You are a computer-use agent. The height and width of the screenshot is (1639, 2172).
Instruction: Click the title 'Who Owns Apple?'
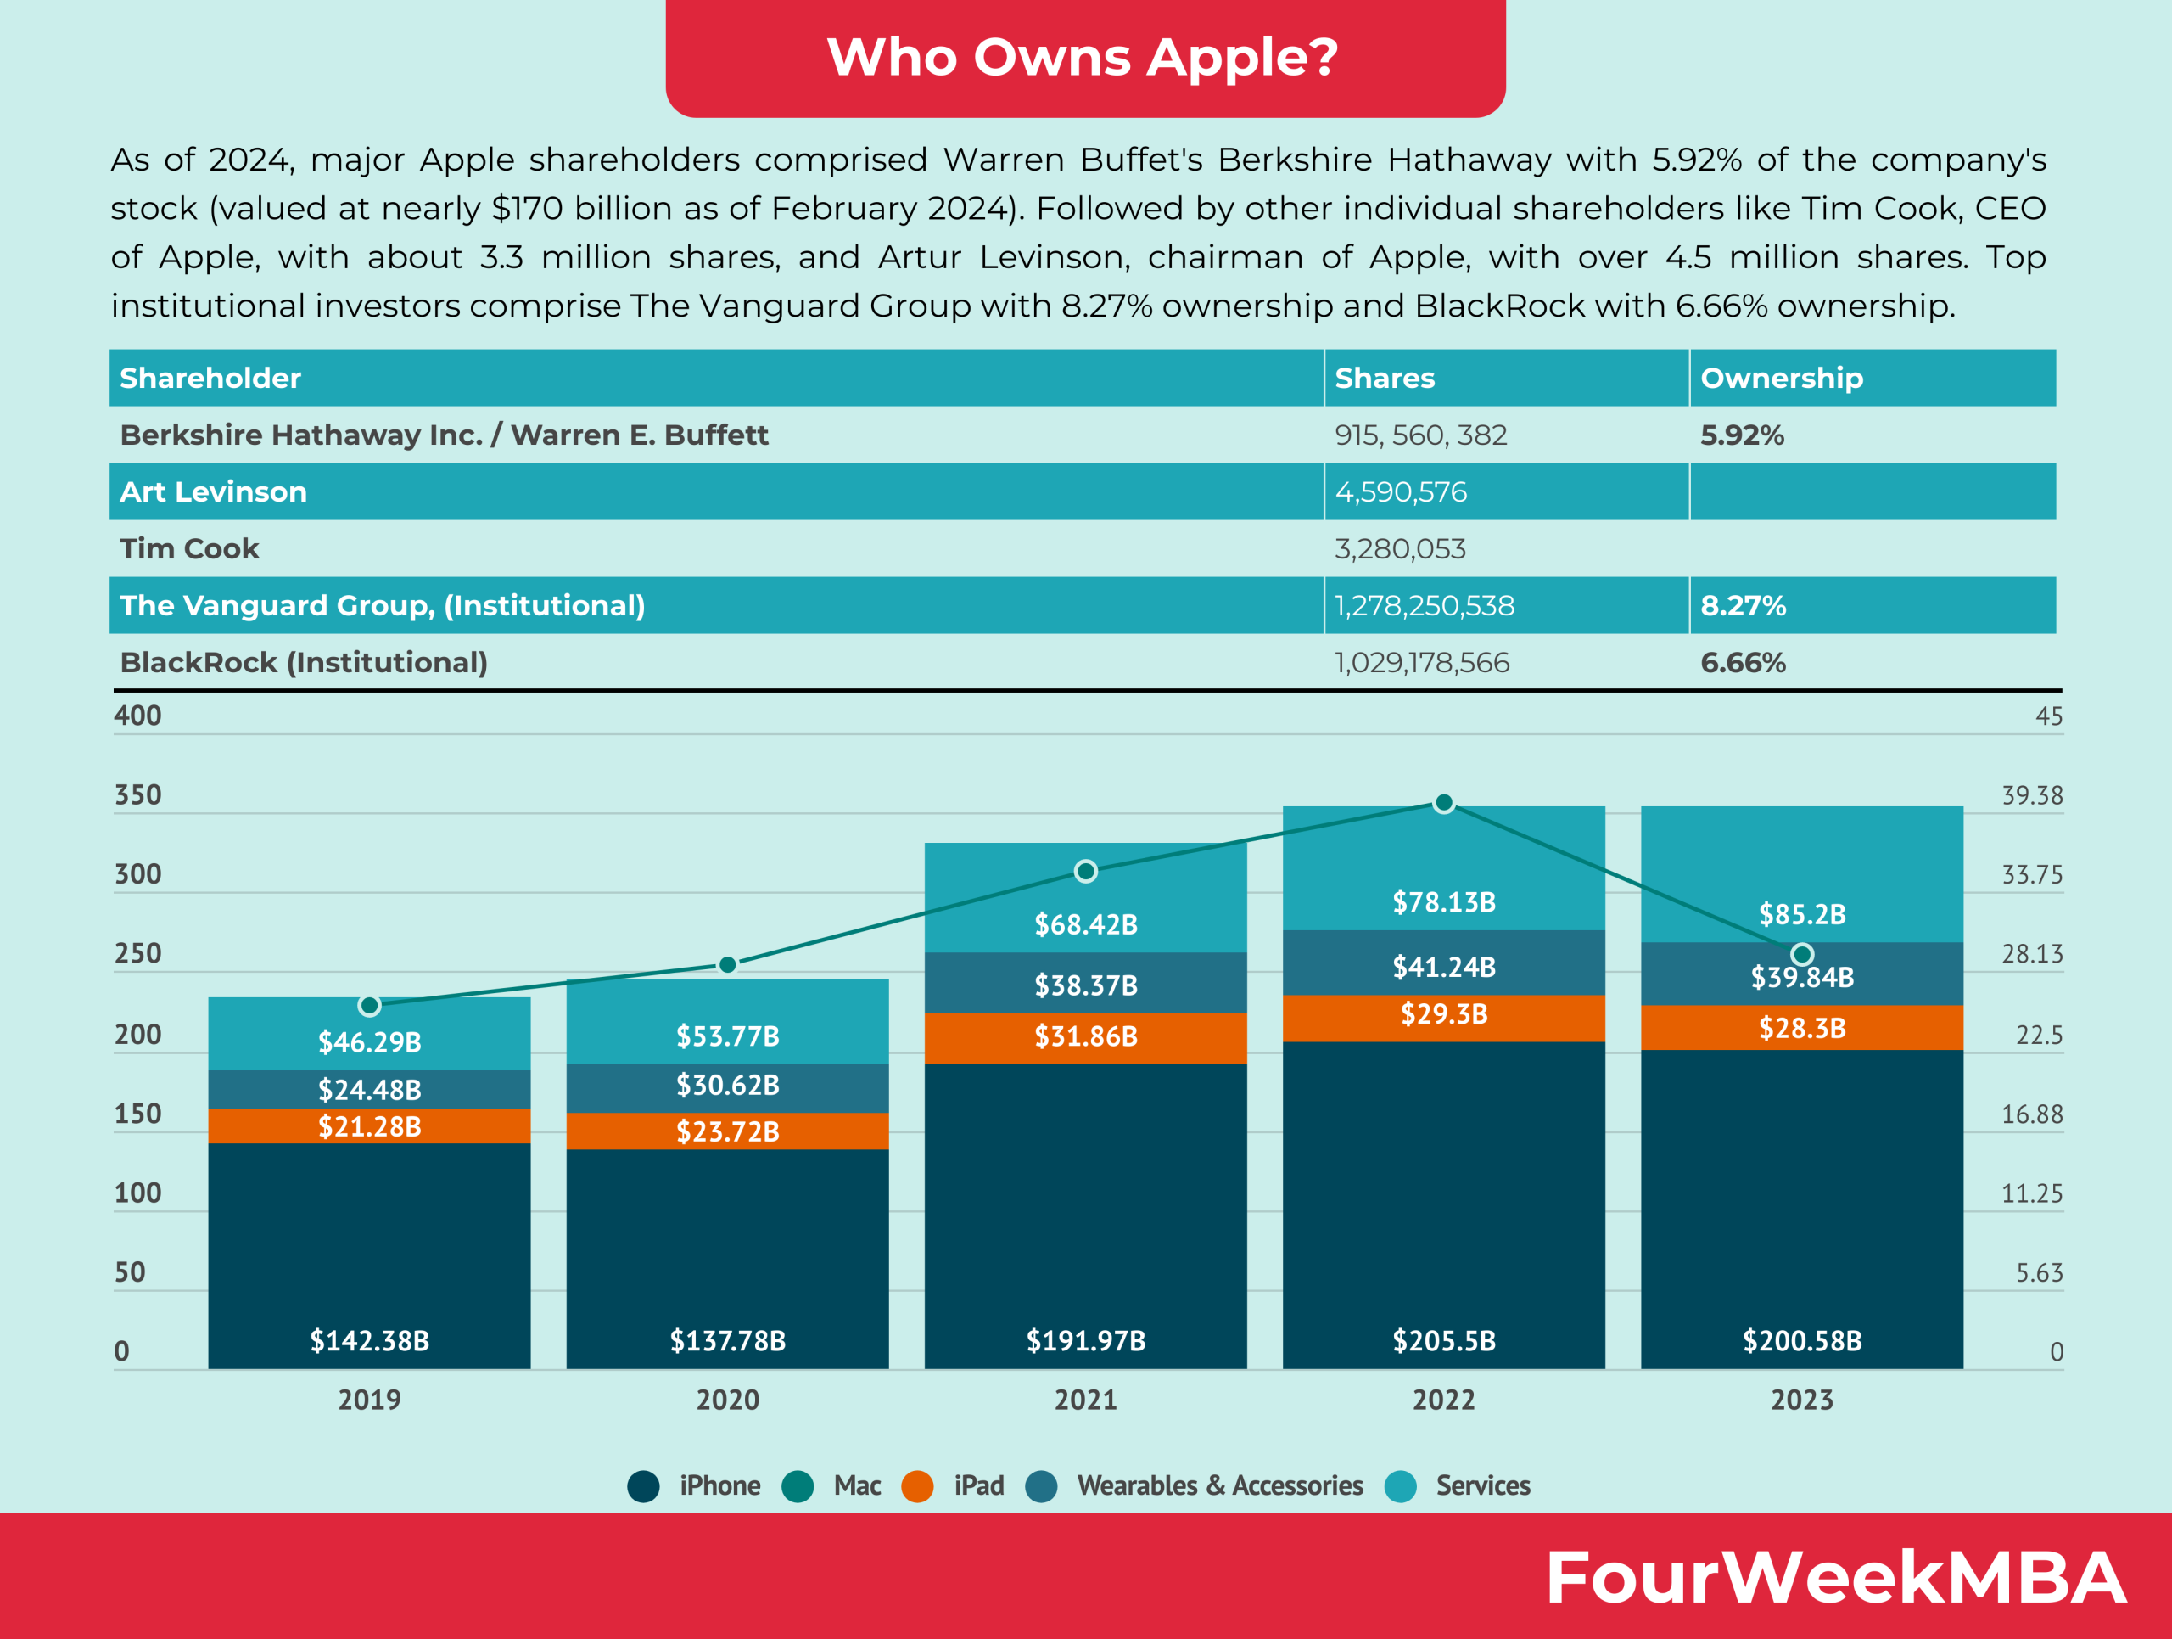point(1084,56)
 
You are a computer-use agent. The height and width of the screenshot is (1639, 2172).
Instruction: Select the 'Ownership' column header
point(1781,378)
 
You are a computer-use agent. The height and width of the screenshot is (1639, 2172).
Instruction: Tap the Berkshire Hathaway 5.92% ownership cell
point(1742,435)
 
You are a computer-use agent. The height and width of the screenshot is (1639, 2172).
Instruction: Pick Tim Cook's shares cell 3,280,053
point(1399,549)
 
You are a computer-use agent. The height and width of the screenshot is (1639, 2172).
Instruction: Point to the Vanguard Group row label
point(382,606)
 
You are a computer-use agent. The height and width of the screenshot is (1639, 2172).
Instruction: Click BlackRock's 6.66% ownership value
point(1743,663)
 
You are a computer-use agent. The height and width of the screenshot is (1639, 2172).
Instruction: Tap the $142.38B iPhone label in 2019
point(369,1340)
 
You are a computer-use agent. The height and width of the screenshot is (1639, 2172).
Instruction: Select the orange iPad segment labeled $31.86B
point(1085,1037)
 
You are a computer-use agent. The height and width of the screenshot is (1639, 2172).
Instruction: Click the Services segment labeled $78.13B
point(1443,901)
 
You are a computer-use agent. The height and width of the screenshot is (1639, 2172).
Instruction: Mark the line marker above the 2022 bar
point(1443,803)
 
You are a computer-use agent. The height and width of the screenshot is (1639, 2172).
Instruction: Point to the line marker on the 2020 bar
point(728,964)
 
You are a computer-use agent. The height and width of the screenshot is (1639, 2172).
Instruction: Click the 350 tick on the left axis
point(137,794)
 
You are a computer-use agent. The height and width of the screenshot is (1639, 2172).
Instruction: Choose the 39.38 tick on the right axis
point(2032,794)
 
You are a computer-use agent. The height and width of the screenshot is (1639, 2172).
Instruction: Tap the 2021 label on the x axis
point(1085,1400)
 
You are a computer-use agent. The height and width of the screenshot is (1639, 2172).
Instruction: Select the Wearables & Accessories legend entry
point(1194,1486)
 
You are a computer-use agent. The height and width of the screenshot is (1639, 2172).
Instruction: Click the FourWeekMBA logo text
point(1834,1578)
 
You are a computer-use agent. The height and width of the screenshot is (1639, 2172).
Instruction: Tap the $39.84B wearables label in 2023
point(1802,977)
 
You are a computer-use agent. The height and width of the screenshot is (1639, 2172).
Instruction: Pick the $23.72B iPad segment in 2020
point(728,1131)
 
